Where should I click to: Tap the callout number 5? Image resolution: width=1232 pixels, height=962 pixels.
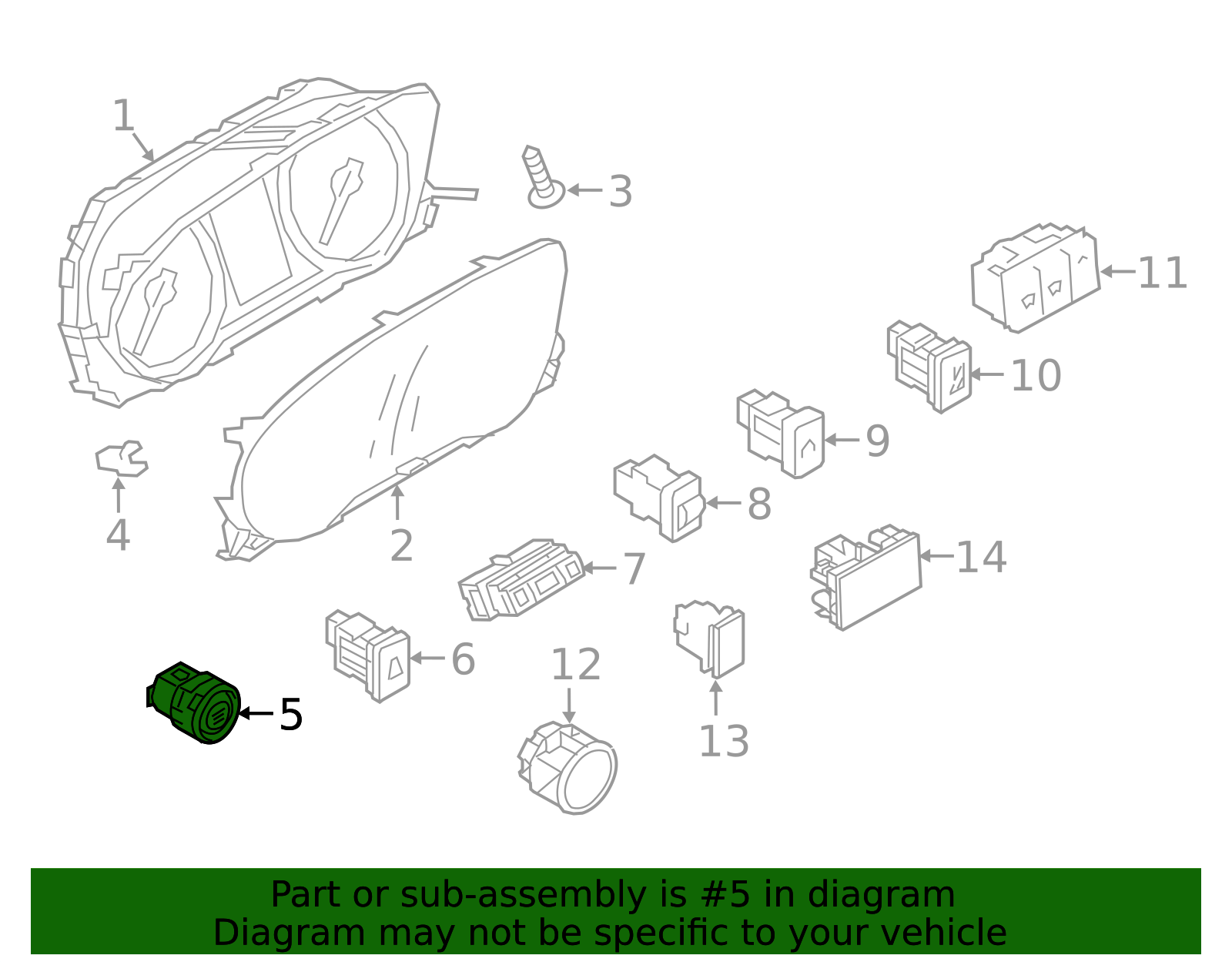[x=291, y=714]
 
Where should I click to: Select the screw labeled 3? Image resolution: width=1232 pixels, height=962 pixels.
[x=543, y=177]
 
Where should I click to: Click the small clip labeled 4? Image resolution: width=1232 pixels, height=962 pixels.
[x=122, y=458]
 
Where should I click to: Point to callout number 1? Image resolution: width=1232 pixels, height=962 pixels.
[x=124, y=116]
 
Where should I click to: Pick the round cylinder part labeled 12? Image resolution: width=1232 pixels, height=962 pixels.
[x=568, y=769]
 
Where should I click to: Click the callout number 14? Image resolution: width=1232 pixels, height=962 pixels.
[x=982, y=557]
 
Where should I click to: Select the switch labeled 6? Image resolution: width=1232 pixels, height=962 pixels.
[x=368, y=655]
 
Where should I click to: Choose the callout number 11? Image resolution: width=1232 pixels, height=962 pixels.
[x=1162, y=273]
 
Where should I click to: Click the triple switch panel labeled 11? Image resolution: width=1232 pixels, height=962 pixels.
[x=1036, y=278]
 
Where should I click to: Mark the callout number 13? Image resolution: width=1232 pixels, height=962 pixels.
[x=724, y=741]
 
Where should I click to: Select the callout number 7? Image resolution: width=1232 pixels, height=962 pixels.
[x=634, y=568]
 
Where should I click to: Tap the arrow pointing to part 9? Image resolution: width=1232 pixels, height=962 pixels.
[x=842, y=440]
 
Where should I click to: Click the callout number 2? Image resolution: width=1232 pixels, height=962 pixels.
[x=401, y=546]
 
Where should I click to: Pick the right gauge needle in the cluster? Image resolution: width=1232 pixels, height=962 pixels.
[x=341, y=201]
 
